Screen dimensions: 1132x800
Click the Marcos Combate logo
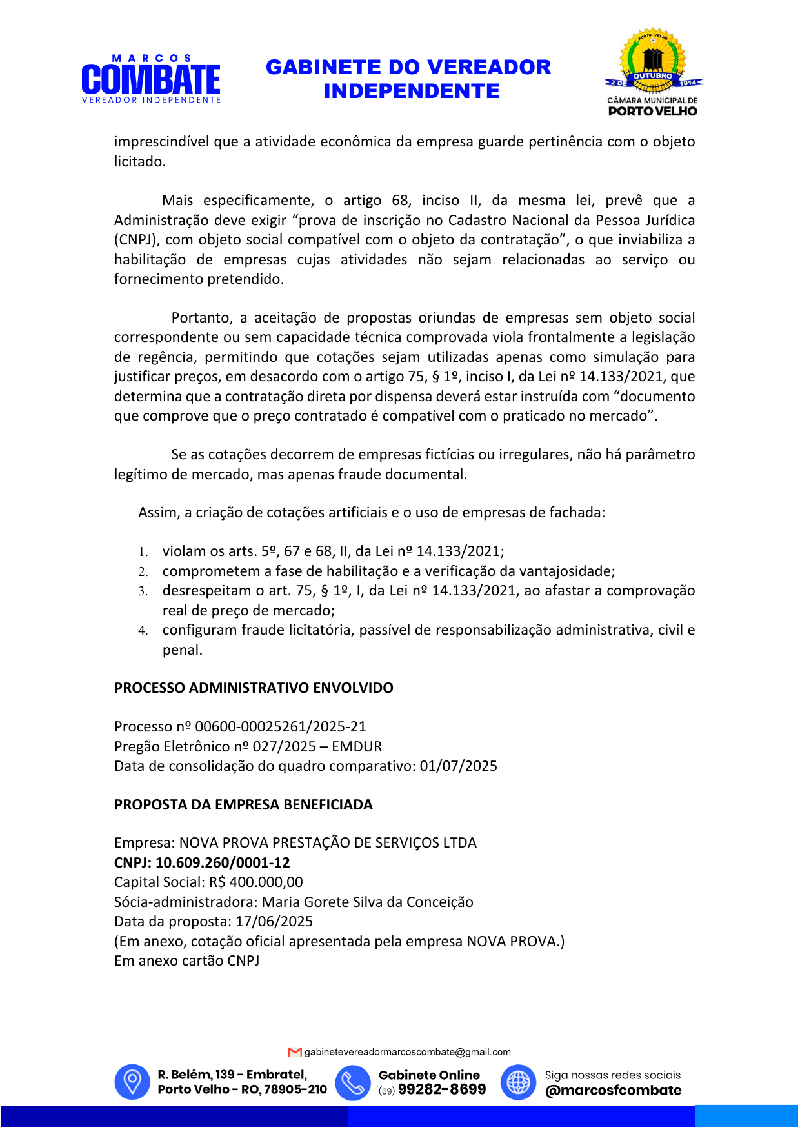coord(151,79)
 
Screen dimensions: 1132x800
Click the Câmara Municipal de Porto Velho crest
coord(653,72)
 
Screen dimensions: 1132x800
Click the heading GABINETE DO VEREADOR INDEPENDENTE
coord(408,79)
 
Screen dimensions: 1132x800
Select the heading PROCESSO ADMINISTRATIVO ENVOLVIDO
coord(254,688)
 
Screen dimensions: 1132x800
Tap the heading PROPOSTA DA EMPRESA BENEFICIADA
coord(243,805)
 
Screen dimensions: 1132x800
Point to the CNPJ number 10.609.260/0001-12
coord(223,863)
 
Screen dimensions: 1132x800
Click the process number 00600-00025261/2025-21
coord(281,727)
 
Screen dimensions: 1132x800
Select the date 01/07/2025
coord(459,766)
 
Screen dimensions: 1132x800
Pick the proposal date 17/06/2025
coord(274,922)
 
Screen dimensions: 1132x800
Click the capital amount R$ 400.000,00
coord(256,882)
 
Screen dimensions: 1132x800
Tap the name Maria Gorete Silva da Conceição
coord(367,902)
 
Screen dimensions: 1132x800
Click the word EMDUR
coord(357,747)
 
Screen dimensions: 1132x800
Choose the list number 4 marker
coord(143,631)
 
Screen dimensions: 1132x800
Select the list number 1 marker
coord(143,552)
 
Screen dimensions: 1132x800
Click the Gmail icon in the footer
coord(295,1052)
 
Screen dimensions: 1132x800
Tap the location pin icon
coord(132,1082)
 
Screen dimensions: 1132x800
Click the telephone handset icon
coord(353,1082)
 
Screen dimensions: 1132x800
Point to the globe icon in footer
coord(518,1082)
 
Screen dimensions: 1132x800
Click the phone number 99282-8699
coord(442,1089)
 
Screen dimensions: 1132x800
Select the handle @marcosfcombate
coord(613,1090)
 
